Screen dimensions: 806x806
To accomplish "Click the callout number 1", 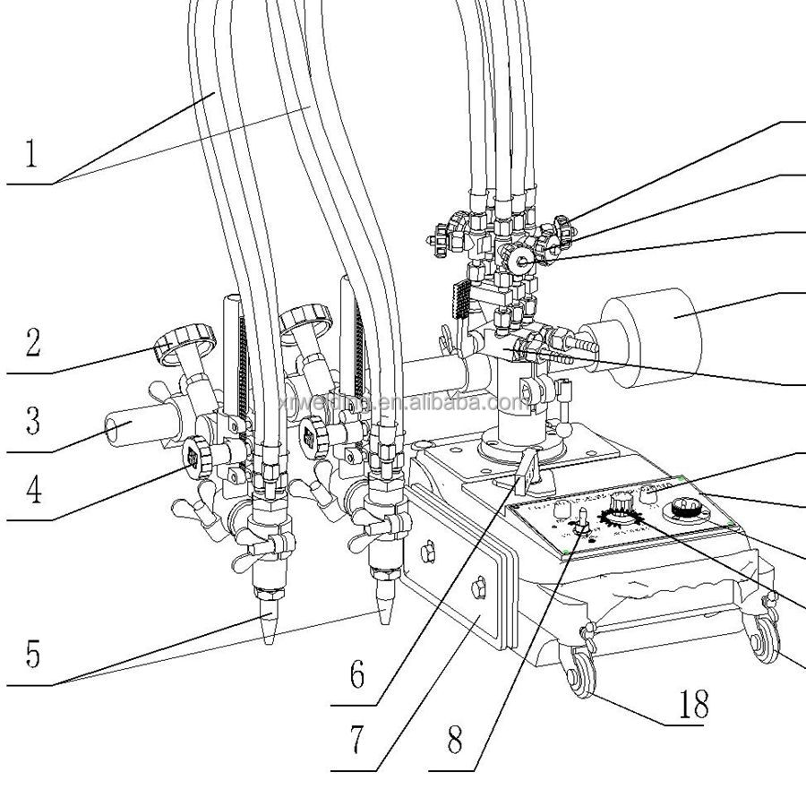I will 30,152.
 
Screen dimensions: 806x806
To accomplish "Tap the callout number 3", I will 32,419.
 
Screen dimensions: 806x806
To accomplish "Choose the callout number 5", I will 32,655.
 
